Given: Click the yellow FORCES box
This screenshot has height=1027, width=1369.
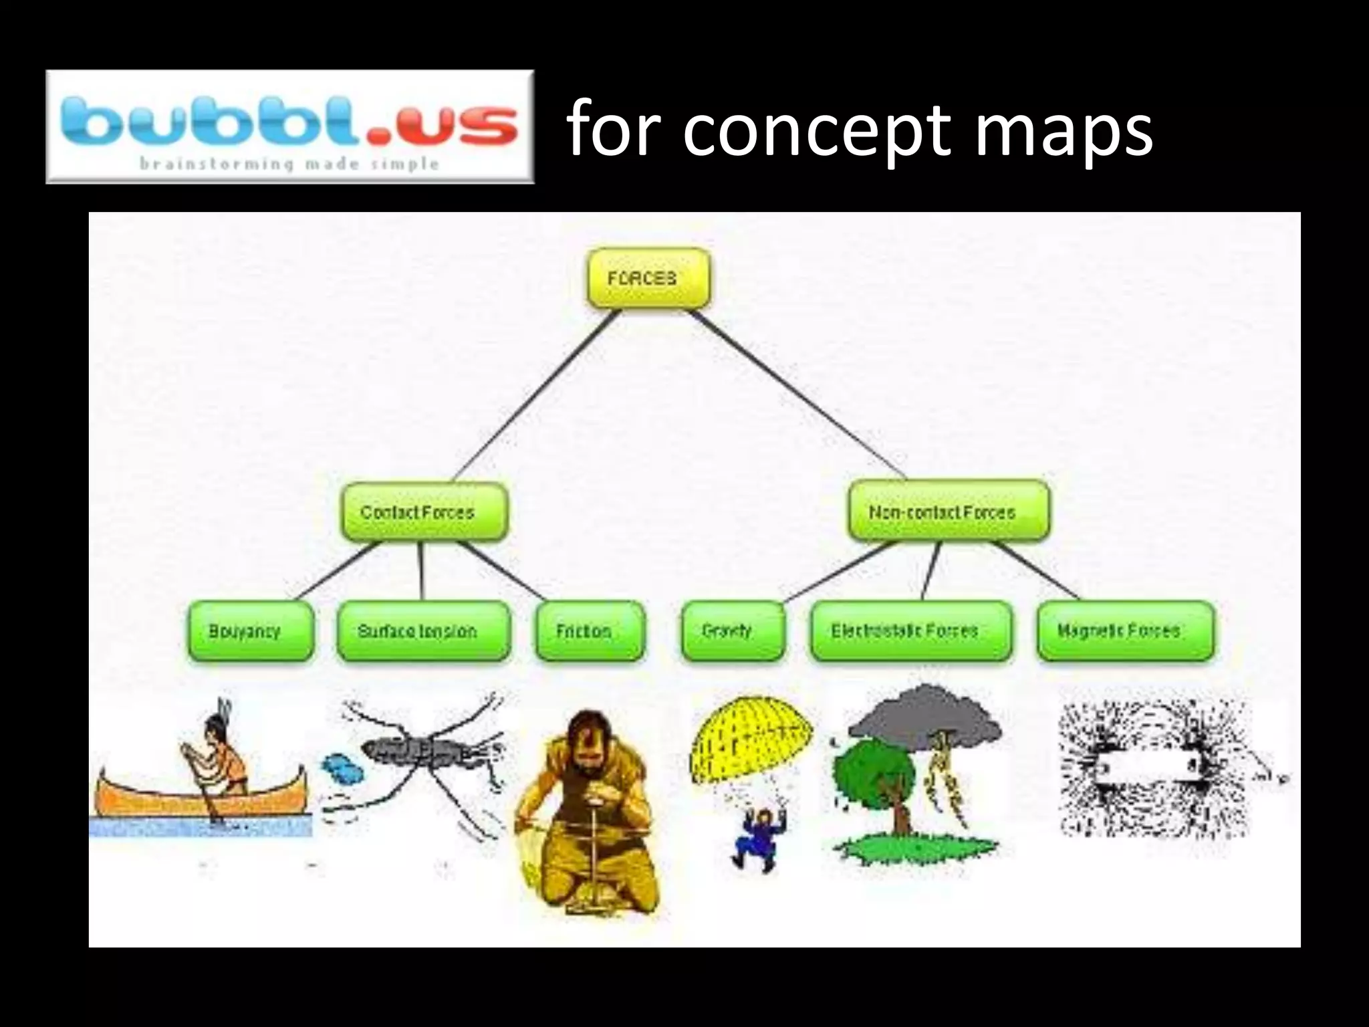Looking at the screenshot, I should (648, 278).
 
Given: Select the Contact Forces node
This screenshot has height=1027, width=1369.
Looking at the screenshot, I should (424, 512).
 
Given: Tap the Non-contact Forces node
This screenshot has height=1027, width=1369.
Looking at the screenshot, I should (948, 512).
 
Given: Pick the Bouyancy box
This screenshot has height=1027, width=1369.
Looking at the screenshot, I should (251, 631).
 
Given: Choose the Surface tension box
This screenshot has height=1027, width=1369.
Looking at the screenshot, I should (423, 631).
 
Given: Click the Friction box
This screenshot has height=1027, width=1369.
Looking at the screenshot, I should (590, 631).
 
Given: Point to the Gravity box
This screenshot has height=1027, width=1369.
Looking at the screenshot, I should (733, 631).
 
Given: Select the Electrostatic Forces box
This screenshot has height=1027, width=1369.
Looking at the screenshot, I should (910, 631).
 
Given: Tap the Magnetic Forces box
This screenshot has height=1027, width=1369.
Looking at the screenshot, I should (1126, 631).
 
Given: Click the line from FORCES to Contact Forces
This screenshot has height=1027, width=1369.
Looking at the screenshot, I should (535, 398).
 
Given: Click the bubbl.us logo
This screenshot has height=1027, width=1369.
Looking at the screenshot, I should (290, 127).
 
